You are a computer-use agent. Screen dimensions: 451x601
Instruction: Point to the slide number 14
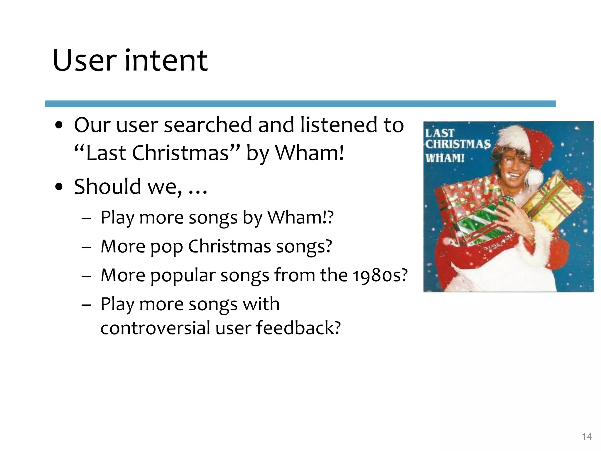click(587, 436)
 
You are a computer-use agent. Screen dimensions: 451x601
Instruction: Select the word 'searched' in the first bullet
click(208, 125)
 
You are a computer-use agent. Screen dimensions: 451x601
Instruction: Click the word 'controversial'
click(155, 328)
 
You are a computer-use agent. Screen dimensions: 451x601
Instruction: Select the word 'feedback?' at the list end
click(298, 328)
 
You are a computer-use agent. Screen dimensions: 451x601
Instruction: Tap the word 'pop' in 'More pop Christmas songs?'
click(167, 247)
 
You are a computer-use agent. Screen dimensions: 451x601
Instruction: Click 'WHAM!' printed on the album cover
click(445, 158)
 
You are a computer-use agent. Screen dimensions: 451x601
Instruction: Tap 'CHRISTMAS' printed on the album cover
click(458, 144)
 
